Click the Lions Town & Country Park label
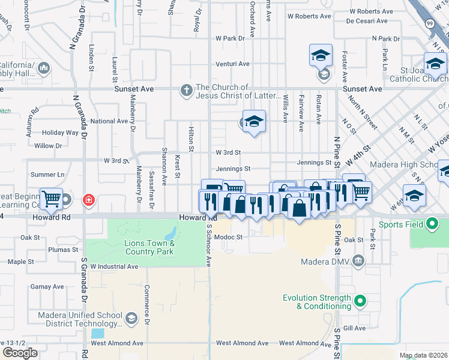[x=149, y=247]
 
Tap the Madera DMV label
[x=330, y=260]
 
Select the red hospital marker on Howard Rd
[x=89, y=200]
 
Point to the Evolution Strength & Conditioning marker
[x=360, y=301]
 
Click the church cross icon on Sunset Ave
[x=187, y=91]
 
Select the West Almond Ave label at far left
[x=117, y=343]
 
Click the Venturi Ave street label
[x=233, y=64]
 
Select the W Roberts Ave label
[x=310, y=17]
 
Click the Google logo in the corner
[x=20, y=353]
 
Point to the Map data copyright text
[x=423, y=355]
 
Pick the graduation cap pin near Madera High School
[x=414, y=196]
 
